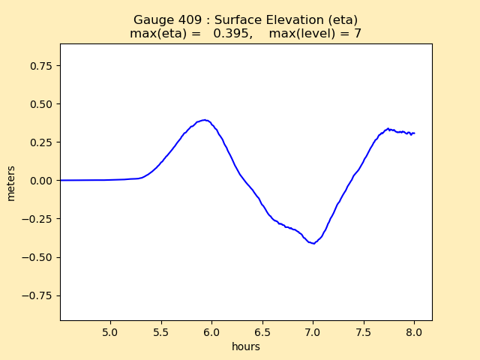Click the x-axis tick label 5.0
(x=110, y=332)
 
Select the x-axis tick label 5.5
(x=161, y=332)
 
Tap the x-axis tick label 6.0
(x=211, y=332)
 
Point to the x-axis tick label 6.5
(x=262, y=332)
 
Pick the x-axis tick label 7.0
(x=313, y=332)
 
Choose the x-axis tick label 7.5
(x=364, y=332)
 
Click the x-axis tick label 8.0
(x=414, y=332)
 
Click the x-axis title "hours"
(x=246, y=346)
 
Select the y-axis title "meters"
(x=11, y=182)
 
